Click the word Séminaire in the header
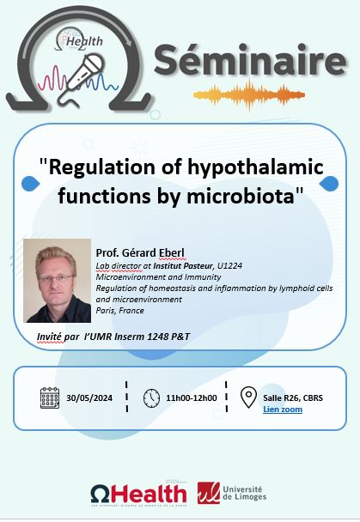pyautogui.click(x=250, y=60)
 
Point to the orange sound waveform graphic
pyautogui.click(x=249, y=95)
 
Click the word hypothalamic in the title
pyautogui.click(x=255, y=167)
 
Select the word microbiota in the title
pyautogui.click(x=241, y=196)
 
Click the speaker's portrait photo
pyautogui.click(x=58, y=281)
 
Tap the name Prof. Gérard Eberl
pyautogui.click(x=140, y=252)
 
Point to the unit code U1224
pyautogui.click(x=229, y=265)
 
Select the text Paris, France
pyautogui.click(x=120, y=311)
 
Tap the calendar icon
pyautogui.click(x=50, y=398)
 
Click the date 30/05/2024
pyautogui.click(x=89, y=398)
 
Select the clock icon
pyautogui.click(x=151, y=398)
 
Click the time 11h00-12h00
pyautogui.click(x=192, y=398)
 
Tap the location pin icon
pyautogui.click(x=249, y=398)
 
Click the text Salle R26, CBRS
pyautogui.click(x=293, y=398)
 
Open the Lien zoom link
pyautogui.click(x=283, y=410)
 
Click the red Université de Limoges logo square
pyautogui.click(x=209, y=493)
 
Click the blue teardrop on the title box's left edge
pyautogui.click(x=30, y=184)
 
